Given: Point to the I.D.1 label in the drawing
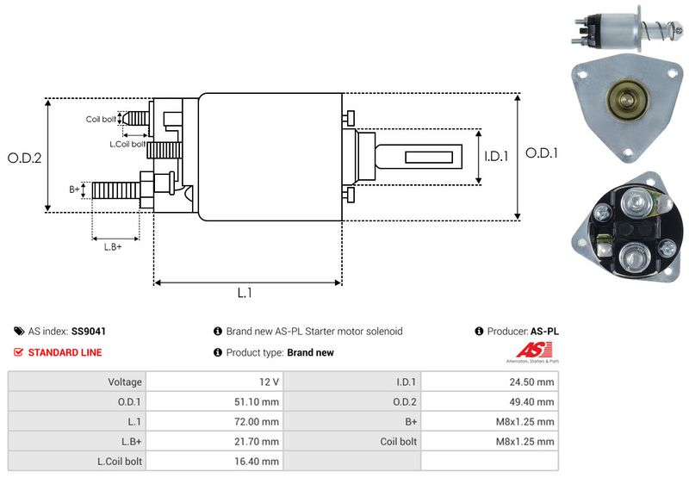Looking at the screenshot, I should [497, 156].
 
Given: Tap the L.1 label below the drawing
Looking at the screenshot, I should [245, 293].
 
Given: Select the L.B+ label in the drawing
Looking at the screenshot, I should [113, 247].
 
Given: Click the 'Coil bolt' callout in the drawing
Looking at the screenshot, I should [101, 119].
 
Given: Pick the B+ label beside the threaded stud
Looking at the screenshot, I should [74, 189].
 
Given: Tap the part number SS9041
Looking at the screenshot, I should [89, 331].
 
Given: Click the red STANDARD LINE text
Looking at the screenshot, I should [65, 352].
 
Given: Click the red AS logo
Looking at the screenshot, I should [527, 351].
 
